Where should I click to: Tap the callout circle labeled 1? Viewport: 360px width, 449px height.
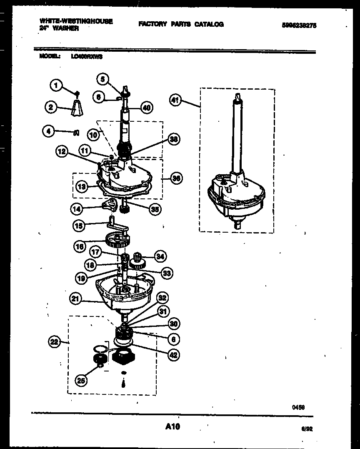pos(56,86)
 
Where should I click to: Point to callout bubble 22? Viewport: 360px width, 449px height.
pos(53,343)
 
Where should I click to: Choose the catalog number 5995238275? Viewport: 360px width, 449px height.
pos(299,25)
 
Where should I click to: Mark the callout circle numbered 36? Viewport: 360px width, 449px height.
pos(176,178)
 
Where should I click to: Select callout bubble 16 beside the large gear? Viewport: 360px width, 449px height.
pos(80,246)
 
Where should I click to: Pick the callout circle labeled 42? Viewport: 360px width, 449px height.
pos(173,355)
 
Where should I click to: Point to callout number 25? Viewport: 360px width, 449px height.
pos(82,380)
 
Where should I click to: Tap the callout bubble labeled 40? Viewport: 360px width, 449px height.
pos(146,108)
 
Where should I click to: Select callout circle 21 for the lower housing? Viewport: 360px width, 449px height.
pos(75,298)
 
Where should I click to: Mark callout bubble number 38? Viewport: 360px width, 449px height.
pos(173,140)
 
